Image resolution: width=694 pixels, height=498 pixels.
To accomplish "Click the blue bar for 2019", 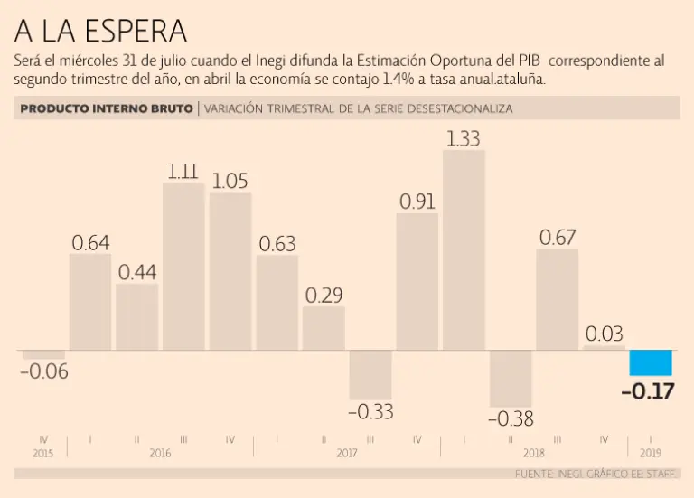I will [651, 362].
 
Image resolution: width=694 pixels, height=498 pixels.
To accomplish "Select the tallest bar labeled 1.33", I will [464, 249].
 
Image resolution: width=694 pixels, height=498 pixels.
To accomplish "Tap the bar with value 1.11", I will [183, 266].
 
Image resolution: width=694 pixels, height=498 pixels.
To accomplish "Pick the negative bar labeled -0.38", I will [511, 378].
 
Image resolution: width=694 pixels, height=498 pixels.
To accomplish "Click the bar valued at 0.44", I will [137, 316].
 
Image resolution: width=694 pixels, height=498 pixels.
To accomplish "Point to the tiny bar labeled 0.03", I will [604, 347].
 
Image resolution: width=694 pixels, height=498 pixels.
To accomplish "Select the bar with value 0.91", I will [417, 281].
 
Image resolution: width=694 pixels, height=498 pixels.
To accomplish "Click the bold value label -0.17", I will [649, 391].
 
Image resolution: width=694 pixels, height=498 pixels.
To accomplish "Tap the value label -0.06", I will [43, 371].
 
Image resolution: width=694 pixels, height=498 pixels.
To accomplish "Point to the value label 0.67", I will [558, 238].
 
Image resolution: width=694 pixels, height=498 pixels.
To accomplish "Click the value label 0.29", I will [324, 295].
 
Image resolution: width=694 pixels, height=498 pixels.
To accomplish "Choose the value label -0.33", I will [370, 411].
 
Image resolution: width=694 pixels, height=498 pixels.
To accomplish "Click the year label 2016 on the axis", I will [160, 452].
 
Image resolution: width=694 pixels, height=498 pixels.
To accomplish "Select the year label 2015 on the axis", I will [43, 452].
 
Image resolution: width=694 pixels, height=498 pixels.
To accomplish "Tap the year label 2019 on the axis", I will [651, 452].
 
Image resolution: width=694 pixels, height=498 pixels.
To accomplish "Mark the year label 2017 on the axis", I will [347, 452].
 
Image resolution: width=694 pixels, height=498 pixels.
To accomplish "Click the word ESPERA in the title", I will [136, 32].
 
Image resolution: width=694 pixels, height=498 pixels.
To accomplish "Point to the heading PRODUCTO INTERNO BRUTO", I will [107, 108].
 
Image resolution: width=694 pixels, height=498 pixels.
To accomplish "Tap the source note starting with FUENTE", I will [596, 474].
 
